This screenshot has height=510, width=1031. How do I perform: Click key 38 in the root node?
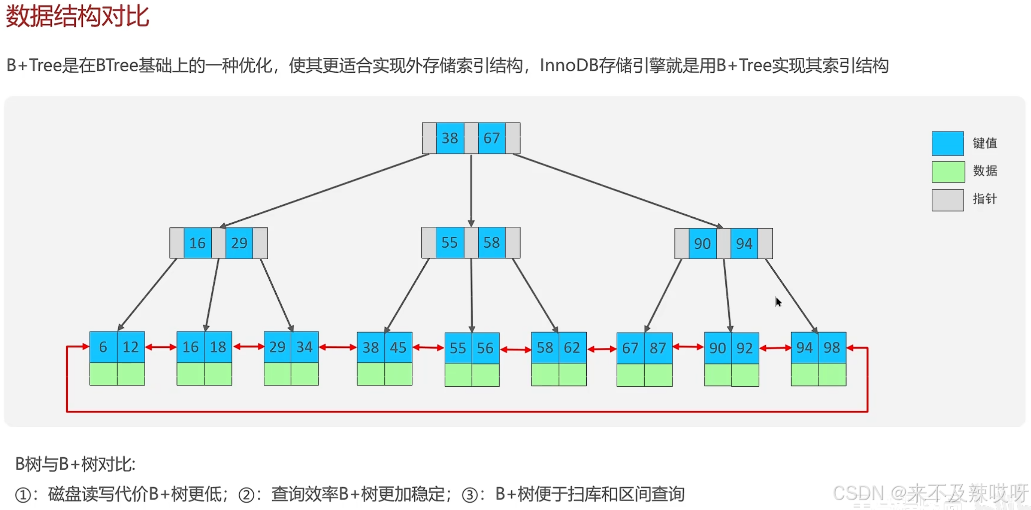coord(450,138)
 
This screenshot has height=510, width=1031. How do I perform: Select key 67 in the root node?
coord(491,138)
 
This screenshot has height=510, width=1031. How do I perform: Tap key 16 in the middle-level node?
coord(197,243)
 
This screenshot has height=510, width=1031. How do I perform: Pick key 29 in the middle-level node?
coord(239,243)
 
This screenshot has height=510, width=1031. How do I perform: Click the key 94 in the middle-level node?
coord(744,244)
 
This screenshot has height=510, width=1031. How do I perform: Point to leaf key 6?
coord(103,347)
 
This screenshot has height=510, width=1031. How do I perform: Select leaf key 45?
coord(398,347)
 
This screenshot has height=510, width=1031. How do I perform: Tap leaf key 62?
coord(572,347)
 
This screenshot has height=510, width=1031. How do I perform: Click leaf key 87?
coord(658,348)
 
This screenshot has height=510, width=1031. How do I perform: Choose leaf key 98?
coord(832,347)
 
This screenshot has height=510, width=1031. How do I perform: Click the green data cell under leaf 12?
coord(131,374)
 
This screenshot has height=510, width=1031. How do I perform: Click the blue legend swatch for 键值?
coord(947,144)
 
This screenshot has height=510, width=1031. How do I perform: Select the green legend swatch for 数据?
coord(947,171)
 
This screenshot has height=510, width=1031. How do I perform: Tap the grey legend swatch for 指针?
coord(947,200)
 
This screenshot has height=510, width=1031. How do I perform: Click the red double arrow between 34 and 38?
coord(338,347)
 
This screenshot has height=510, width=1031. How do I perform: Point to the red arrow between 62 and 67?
coord(602,349)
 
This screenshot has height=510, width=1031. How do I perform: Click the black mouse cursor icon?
coord(778,302)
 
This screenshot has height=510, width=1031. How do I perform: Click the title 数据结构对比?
coord(77,16)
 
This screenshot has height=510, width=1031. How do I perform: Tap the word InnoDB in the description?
coord(569,65)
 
